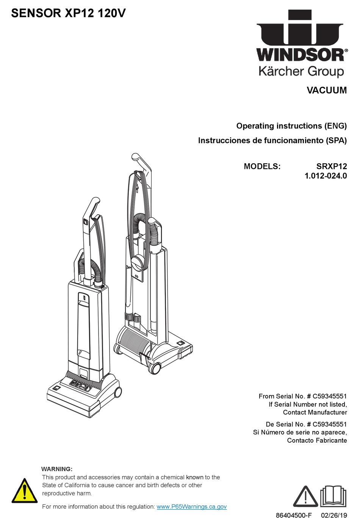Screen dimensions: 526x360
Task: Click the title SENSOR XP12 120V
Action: pyautogui.click(x=68, y=14)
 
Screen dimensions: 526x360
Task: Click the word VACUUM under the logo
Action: pyautogui.click(x=326, y=91)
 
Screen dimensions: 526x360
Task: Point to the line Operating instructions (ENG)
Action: pyautogui.click(x=291, y=126)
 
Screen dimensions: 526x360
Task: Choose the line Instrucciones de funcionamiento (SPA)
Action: pyautogui.click(x=272, y=140)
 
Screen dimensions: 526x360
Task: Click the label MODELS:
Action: pyautogui.click(x=262, y=166)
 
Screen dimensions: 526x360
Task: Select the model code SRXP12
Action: pyautogui.click(x=332, y=166)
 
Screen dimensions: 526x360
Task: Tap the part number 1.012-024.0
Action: pyautogui.click(x=326, y=176)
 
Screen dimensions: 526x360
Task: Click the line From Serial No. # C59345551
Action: pyautogui.click(x=302, y=396)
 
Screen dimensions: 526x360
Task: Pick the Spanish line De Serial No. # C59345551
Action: pyautogui.click(x=306, y=424)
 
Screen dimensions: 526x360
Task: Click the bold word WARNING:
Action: pyautogui.click(x=56, y=469)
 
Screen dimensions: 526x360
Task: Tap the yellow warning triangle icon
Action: pyautogui.click(x=25, y=491)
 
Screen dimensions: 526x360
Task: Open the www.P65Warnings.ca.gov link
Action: pyautogui.click(x=191, y=506)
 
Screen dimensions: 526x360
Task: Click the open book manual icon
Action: pyautogui.click(x=333, y=496)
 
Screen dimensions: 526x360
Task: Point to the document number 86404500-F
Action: pyautogui.click(x=294, y=515)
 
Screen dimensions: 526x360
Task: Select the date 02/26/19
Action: pyautogui.click(x=334, y=515)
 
